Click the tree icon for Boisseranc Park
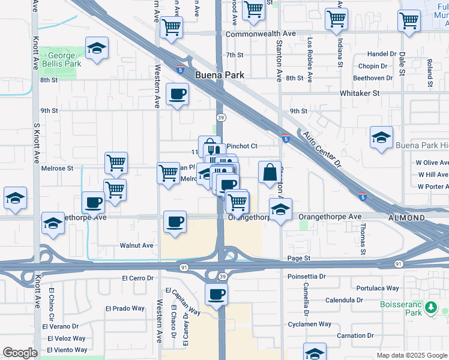430,308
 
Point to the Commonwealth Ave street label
261,34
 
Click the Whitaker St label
360,93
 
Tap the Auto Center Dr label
322,149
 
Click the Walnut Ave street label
136,245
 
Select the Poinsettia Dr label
306,277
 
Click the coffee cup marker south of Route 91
216,294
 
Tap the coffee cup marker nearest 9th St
178,94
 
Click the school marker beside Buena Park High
381,137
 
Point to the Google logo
20,353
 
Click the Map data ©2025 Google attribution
412,355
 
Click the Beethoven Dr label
371,77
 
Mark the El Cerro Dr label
138,278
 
